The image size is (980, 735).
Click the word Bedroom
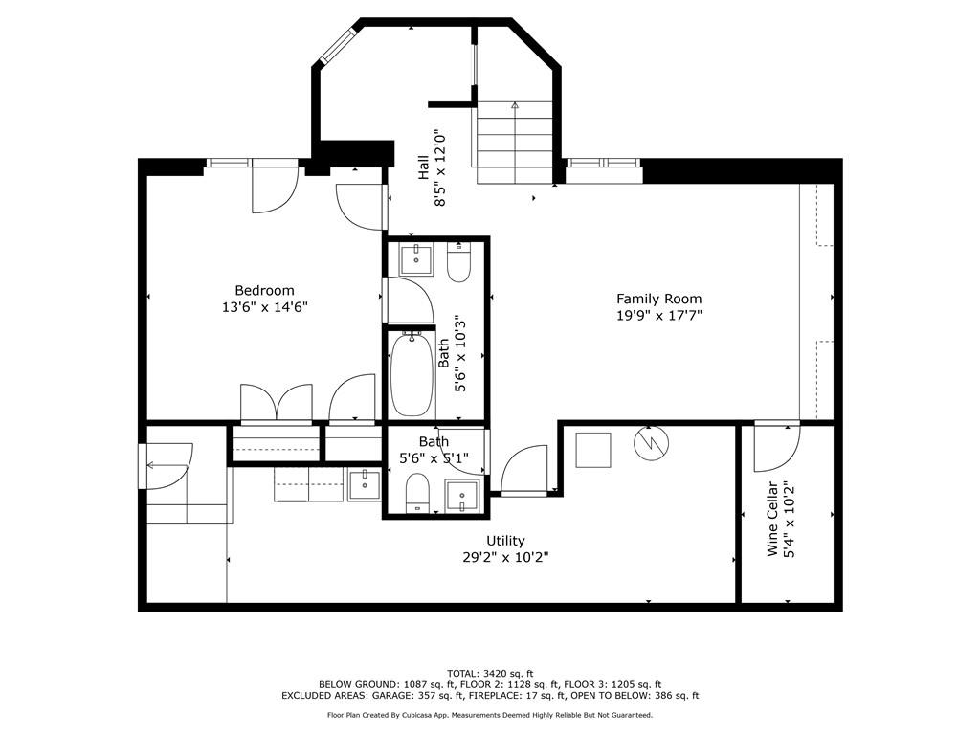pyautogui.click(x=264, y=290)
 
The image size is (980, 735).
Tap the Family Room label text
pyautogui.click(x=658, y=299)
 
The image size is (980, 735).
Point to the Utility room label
pyautogui.click(x=504, y=541)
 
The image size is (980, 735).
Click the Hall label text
pyautogui.click(x=423, y=169)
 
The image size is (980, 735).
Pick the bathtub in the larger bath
pyautogui.click(x=412, y=374)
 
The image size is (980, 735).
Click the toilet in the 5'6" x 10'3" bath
pyautogui.click(x=459, y=262)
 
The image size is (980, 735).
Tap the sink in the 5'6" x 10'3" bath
pyautogui.click(x=416, y=259)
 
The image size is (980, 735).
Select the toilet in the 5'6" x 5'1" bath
pyautogui.click(x=417, y=494)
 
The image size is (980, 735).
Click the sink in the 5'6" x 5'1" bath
pyautogui.click(x=461, y=498)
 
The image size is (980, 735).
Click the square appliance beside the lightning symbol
pyautogui.click(x=592, y=450)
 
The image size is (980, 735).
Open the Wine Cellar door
pyautogui.click(x=776, y=447)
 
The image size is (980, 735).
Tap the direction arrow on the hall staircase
pyautogui.click(x=515, y=106)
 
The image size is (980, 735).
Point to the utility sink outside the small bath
pyautogui.click(x=364, y=485)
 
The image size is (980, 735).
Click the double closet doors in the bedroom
pyautogui.click(x=276, y=402)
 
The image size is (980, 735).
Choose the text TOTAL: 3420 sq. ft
pyautogui.click(x=490, y=673)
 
